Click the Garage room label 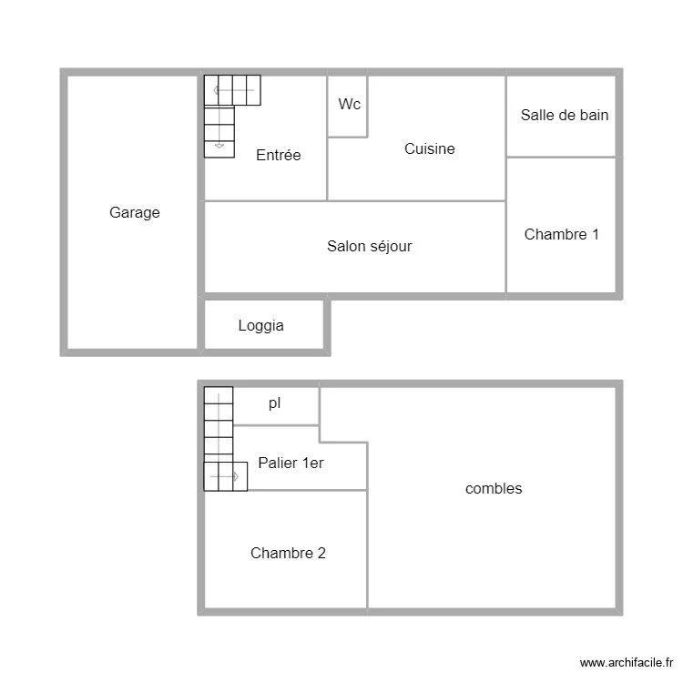click(135, 213)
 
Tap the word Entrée click(278, 156)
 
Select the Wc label click(349, 105)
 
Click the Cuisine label click(430, 149)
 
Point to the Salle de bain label click(565, 116)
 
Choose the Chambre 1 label click(562, 235)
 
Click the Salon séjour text click(369, 246)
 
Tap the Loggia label click(260, 326)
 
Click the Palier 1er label click(291, 464)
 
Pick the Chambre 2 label click(288, 553)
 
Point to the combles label click(494, 489)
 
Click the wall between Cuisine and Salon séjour click(416, 200)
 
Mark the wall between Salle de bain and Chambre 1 click(561, 157)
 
